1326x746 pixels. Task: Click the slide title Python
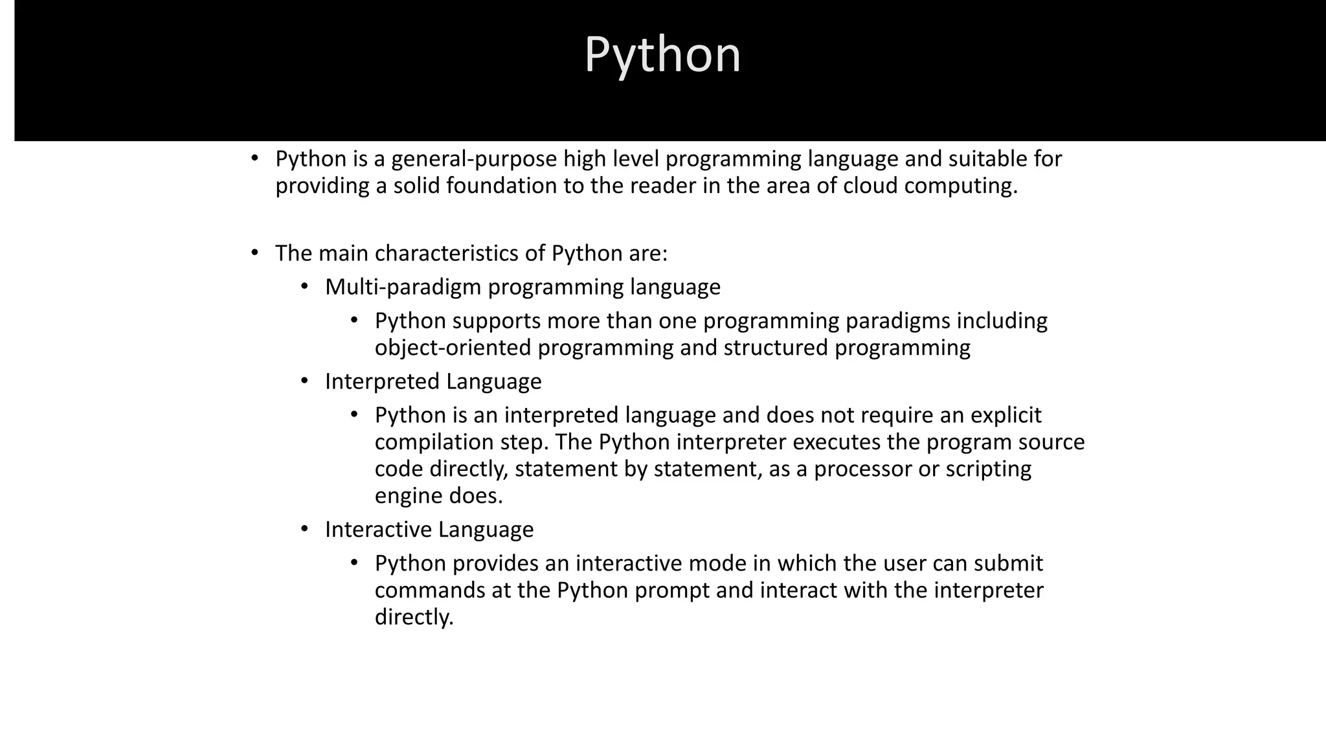(x=662, y=55)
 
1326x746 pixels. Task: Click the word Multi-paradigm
(x=403, y=287)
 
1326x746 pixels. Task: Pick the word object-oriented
(x=453, y=348)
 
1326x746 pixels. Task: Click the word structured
(x=775, y=348)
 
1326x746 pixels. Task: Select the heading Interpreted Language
(x=433, y=381)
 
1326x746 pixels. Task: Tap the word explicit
(x=1006, y=415)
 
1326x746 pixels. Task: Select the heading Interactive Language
(x=429, y=530)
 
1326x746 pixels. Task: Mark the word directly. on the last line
(x=414, y=617)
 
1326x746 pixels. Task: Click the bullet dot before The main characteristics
(x=254, y=253)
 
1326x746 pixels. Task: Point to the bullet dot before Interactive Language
(x=304, y=529)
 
